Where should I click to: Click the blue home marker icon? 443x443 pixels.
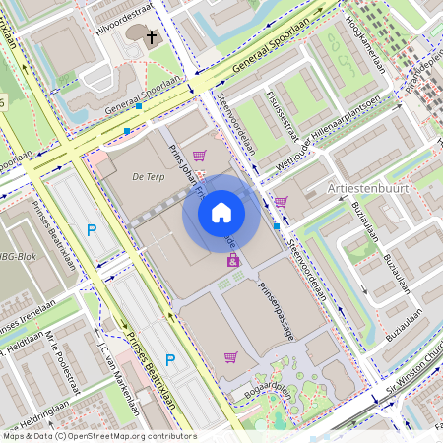point(221,213)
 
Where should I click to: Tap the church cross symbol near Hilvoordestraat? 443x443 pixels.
point(152,38)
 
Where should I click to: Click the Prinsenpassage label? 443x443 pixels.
point(277,311)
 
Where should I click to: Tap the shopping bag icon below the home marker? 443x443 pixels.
point(233,261)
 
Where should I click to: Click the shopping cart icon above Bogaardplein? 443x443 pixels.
point(230,356)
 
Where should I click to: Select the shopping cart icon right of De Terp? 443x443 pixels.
point(200,156)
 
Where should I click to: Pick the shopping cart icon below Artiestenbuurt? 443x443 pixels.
point(282,202)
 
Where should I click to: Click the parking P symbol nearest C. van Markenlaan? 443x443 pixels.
point(169,359)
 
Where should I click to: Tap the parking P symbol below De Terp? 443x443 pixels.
point(92,230)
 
